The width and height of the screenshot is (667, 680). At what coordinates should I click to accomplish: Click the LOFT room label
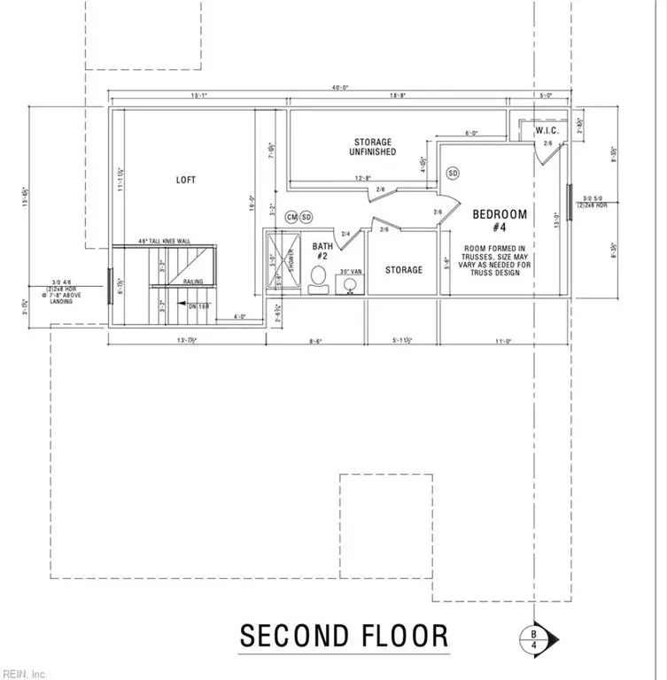(x=186, y=180)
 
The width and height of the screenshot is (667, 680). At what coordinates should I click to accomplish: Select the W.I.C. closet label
(x=546, y=130)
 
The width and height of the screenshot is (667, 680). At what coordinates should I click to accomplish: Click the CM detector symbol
(x=291, y=217)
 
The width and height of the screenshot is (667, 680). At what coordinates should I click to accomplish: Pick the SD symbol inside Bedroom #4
(x=454, y=172)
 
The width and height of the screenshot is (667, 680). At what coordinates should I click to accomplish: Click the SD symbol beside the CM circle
(x=306, y=217)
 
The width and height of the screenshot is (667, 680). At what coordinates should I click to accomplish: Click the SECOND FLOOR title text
(x=344, y=636)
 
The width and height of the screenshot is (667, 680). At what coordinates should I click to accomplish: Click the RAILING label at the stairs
(x=194, y=282)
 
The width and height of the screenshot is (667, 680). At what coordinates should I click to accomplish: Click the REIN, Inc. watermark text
(x=27, y=670)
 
